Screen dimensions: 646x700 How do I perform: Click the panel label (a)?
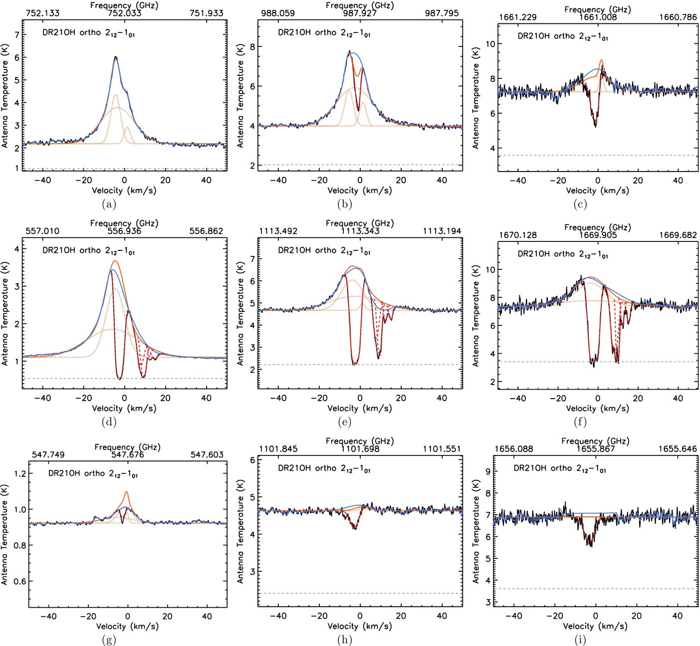coord(109,204)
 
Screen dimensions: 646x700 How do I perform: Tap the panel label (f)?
coord(580,422)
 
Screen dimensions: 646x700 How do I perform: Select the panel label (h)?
coord(344,640)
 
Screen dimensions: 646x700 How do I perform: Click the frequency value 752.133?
coord(42,13)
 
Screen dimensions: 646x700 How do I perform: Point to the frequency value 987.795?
coord(442,13)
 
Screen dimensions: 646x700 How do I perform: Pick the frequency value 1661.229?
coord(518,17)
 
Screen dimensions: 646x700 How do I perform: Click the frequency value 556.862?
coord(206,231)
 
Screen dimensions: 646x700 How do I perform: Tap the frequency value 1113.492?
coord(278,231)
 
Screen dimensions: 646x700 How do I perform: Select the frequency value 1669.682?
coord(678,235)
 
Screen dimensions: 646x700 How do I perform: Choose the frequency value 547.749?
coord(48,455)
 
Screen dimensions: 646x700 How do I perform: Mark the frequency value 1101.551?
coord(442,449)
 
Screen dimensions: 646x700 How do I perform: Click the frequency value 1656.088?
coord(514,449)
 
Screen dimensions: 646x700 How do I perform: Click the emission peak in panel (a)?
coord(115,57)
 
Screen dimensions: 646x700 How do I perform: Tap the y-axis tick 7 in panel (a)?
coord(17,35)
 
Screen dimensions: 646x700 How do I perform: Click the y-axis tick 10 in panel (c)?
coord(490,44)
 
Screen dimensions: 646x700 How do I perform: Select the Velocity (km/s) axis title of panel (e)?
coord(360,409)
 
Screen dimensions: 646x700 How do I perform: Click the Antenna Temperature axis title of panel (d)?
coord(5,322)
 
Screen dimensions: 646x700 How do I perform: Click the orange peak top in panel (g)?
coord(127,492)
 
